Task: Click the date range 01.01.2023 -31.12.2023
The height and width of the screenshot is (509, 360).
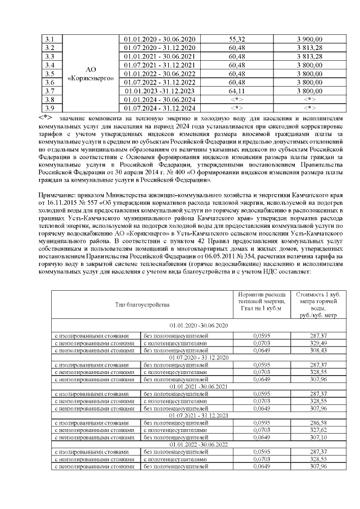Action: (x=159, y=91)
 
